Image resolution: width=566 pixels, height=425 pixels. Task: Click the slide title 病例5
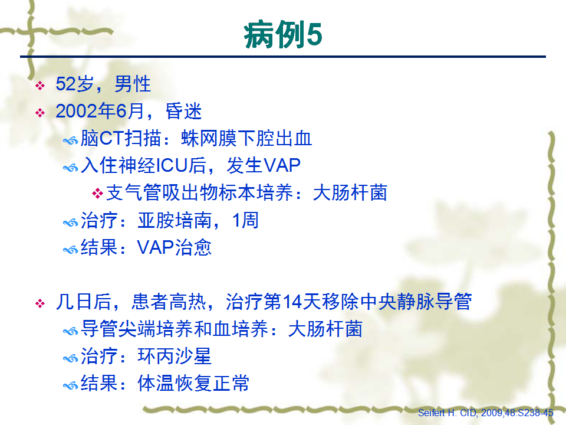point(282,35)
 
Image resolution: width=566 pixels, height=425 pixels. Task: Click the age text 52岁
point(75,84)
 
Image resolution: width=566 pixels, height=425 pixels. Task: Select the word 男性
point(133,84)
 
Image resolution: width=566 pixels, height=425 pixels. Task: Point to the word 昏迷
point(183,111)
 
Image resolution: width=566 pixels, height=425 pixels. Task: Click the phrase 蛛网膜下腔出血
point(246,138)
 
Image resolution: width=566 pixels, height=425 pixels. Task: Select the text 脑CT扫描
point(120,138)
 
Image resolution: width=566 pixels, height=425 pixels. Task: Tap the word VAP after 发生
point(282,165)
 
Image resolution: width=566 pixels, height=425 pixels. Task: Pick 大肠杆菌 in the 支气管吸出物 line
point(350,192)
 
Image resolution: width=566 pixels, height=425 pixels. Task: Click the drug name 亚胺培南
point(175,220)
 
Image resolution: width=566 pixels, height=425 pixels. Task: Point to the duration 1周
point(245,220)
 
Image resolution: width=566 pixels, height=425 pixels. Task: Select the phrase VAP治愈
point(175,247)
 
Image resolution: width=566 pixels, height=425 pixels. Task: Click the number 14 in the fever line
point(292,302)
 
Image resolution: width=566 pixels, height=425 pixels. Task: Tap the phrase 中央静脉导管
point(416,302)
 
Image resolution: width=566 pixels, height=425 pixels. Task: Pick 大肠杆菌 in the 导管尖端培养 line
point(325,329)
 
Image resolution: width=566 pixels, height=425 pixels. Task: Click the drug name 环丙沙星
point(175,356)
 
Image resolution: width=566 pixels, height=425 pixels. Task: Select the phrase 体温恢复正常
point(193,383)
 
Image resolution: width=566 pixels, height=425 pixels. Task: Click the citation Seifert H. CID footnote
point(485,413)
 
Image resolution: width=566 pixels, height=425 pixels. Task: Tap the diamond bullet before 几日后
point(40,303)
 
